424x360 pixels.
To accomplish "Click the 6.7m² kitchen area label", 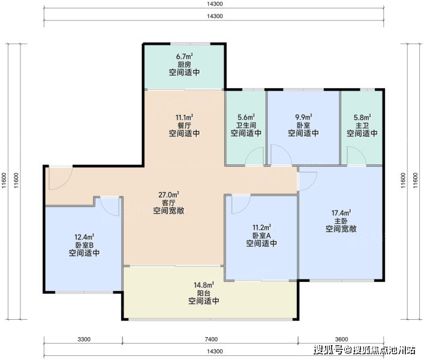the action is (185, 56).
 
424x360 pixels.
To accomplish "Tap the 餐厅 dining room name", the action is (184, 125).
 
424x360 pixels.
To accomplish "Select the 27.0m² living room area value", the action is (169, 195).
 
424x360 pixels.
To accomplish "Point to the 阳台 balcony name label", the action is (204, 293).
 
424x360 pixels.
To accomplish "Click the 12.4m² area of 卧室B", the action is (85, 237).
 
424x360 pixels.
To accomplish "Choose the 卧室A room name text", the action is (261, 236).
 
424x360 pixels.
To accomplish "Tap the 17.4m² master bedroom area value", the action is (341, 213).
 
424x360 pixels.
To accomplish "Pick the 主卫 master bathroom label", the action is (362, 125).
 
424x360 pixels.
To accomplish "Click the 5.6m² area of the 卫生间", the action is (246, 118).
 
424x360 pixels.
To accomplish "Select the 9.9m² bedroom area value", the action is (303, 118).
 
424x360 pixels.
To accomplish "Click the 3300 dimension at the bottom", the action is (84, 339).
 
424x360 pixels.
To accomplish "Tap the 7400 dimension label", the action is (211, 339).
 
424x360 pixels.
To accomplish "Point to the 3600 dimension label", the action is (341, 339).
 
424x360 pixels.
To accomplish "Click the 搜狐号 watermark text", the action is (328, 350).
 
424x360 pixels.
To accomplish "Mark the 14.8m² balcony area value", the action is (204, 285).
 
